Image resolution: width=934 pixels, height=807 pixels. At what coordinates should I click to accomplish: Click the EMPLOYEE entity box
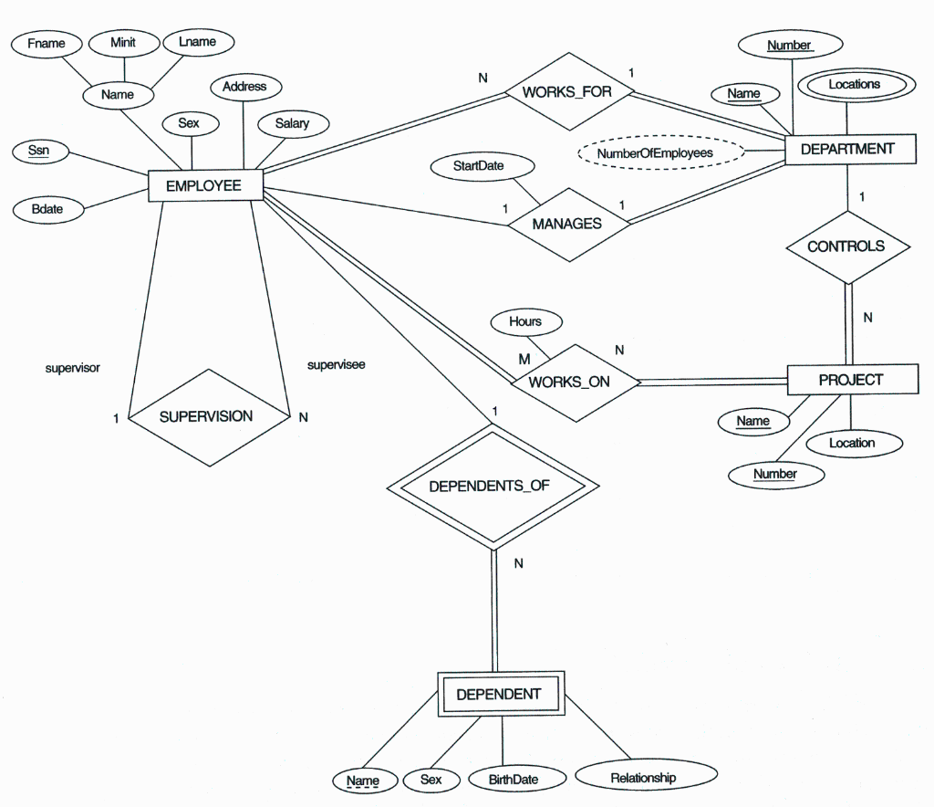click(x=204, y=186)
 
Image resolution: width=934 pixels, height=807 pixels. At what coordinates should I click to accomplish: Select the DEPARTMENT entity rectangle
click(x=848, y=149)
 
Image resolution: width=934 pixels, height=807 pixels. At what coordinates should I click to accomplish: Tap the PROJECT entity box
click(x=851, y=380)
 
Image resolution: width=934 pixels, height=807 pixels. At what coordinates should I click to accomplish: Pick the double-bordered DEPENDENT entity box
click(x=499, y=695)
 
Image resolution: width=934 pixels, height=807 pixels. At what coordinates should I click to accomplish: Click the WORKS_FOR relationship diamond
click(x=567, y=92)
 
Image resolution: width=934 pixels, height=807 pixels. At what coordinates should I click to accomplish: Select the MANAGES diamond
click(x=567, y=224)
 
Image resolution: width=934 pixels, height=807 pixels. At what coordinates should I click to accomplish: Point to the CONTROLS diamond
click(x=846, y=246)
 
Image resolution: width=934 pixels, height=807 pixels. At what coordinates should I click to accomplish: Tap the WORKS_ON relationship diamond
click(x=570, y=382)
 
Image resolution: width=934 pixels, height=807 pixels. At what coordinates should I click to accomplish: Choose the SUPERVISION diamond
click(x=207, y=416)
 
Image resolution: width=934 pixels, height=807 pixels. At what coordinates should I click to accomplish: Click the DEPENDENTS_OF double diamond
click(x=491, y=486)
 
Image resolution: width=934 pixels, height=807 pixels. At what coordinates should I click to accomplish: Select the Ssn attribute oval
click(x=39, y=152)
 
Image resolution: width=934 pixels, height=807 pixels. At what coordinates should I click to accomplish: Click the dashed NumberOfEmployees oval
click(x=655, y=153)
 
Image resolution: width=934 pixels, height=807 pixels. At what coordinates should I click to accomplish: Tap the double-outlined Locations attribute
click(x=854, y=85)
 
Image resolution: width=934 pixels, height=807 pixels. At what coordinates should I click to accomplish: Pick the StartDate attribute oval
click(x=479, y=166)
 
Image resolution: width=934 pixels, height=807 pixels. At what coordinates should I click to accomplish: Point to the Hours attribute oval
click(x=525, y=321)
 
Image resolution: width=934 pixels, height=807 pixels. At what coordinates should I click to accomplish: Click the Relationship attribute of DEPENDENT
click(x=644, y=778)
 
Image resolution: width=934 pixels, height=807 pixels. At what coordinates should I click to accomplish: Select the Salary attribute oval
click(x=292, y=123)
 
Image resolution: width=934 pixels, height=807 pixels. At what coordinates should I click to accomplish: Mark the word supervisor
click(x=73, y=369)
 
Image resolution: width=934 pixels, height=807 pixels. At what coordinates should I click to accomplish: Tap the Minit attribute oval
click(x=123, y=43)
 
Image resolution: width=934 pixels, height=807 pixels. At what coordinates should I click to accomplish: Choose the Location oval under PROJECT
click(x=852, y=444)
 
